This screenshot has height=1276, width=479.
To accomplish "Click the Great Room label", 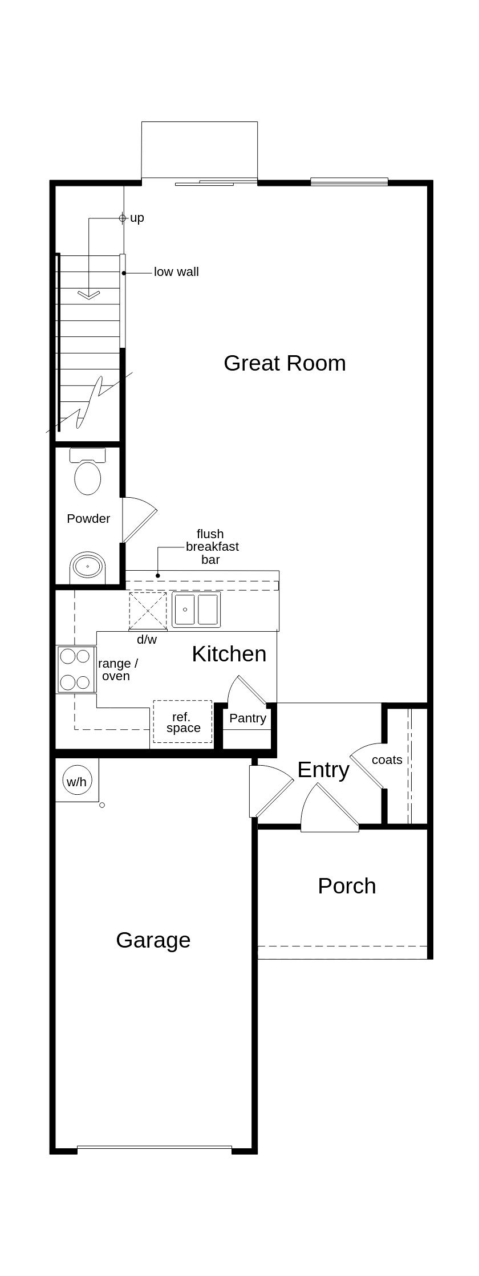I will tap(285, 363).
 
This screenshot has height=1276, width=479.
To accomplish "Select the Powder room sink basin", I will tap(88, 567).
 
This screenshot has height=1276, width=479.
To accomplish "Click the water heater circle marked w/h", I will tap(76, 781).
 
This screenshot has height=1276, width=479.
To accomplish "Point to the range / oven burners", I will tap(76, 669).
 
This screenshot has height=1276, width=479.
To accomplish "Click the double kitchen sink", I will tap(196, 609).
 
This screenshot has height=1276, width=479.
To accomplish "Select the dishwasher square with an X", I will tap(148, 611).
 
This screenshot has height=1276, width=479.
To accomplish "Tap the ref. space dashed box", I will tap(182, 722).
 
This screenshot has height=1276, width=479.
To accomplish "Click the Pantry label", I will tap(247, 718).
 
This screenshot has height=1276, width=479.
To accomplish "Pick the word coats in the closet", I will tap(387, 760).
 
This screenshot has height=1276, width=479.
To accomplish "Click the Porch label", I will tap(347, 886).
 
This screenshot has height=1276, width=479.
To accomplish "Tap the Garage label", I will tap(153, 940).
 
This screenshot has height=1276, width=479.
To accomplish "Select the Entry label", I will tap(323, 770).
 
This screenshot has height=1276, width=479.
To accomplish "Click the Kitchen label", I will tap(229, 654).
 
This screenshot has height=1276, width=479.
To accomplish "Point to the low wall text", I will tap(176, 272).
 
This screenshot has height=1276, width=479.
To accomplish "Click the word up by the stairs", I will tap(137, 218).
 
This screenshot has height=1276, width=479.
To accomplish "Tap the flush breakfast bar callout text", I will tap(211, 547).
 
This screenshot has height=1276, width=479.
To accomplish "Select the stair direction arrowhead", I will tap(88, 294).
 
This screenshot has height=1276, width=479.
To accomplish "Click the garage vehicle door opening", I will tap(154, 1148).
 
